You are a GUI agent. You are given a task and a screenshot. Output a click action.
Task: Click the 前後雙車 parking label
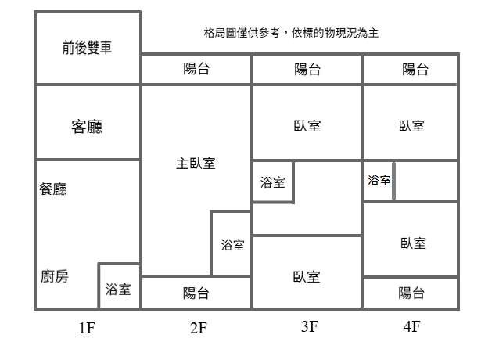tap(87, 48)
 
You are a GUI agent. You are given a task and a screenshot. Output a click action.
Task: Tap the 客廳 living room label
tap(87, 125)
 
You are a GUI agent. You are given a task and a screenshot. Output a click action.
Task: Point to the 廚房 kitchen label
tap(54, 276)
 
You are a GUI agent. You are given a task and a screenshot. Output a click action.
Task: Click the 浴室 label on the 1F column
tap(118, 289)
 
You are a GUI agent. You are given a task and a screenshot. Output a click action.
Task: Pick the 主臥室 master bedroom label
tap(196, 164)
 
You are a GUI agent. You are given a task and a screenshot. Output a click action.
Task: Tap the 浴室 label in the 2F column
tap(232, 245)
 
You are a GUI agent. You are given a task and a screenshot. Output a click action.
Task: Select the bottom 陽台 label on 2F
tap(196, 293)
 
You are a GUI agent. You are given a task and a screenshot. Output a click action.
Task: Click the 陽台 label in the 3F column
tap(307, 69)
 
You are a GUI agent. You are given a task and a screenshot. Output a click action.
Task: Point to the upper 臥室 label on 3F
tap(307, 125)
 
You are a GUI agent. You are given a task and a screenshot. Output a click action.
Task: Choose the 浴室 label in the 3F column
tap(272, 182)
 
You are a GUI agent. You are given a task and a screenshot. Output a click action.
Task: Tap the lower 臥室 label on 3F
tap(307, 276)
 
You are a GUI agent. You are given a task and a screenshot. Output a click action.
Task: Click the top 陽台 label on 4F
tap(415, 69)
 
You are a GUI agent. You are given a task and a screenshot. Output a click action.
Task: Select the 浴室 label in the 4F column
tap(379, 180)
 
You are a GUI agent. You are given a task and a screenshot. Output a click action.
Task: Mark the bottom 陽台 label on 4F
tap(411, 293)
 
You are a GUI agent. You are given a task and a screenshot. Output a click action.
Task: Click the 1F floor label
tap(86, 328)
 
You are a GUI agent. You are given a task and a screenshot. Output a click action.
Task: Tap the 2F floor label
tap(198, 328)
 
